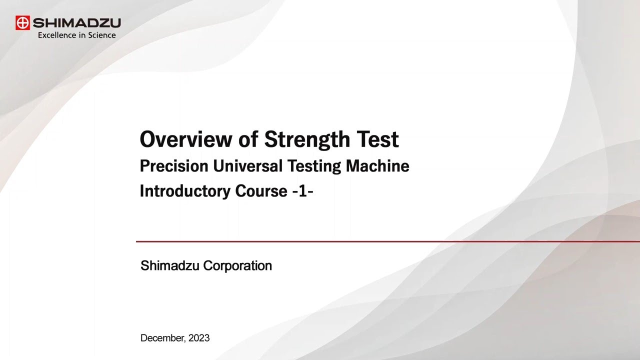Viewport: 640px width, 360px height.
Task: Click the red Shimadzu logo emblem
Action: (x=22, y=23)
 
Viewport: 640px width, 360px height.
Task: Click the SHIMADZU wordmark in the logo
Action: (x=77, y=23)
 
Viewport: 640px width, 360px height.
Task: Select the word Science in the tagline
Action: (x=101, y=35)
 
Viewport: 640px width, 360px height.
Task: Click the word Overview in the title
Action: (x=186, y=139)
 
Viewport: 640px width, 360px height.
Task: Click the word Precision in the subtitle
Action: (x=174, y=166)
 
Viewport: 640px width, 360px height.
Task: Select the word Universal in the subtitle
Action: (x=247, y=166)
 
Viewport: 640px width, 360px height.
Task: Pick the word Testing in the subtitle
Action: (x=314, y=166)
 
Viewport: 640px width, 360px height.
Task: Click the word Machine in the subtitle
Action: (x=377, y=166)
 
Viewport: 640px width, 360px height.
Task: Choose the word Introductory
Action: (x=185, y=191)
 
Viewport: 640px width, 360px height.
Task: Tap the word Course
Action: (x=261, y=191)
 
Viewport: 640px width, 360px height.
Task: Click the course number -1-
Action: (x=303, y=191)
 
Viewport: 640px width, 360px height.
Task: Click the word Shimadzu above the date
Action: (x=169, y=265)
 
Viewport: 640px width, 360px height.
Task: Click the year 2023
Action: (x=199, y=338)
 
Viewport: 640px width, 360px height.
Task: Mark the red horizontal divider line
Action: (x=388, y=241)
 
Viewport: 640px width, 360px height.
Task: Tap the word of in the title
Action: (x=248, y=139)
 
